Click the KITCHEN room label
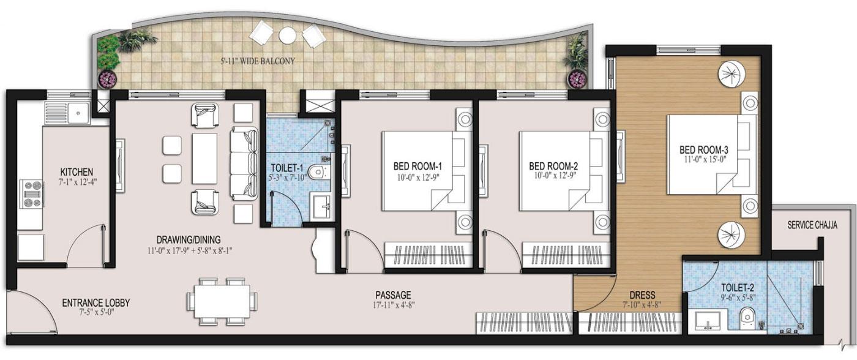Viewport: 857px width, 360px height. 77,171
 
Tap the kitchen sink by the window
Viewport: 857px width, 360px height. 77,113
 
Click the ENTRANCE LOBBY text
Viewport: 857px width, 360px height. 95,302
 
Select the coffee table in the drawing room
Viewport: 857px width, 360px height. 204,159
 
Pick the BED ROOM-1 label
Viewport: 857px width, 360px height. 417,166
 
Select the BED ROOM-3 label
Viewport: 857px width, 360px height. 703,149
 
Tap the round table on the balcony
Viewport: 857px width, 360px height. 287,36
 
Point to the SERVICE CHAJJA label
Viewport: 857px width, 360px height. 812,225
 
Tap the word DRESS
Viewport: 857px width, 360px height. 642,294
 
